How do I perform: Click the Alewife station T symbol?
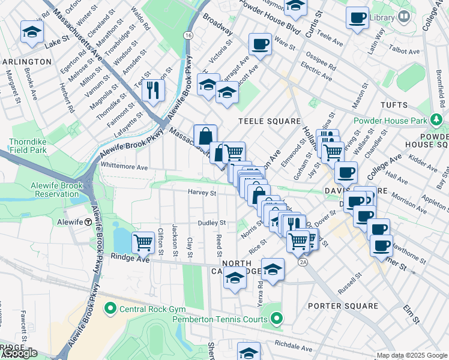(x=88, y=222)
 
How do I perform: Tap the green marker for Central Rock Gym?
(x=110, y=309)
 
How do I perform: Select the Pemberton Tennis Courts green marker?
(x=276, y=319)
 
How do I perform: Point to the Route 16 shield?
(x=188, y=37)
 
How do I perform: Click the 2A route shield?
(x=303, y=262)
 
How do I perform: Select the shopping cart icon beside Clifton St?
(x=143, y=242)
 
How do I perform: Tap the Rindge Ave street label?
(x=129, y=258)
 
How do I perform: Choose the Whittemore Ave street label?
(x=124, y=167)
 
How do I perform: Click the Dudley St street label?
(x=212, y=223)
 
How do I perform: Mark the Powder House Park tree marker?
(x=437, y=121)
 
